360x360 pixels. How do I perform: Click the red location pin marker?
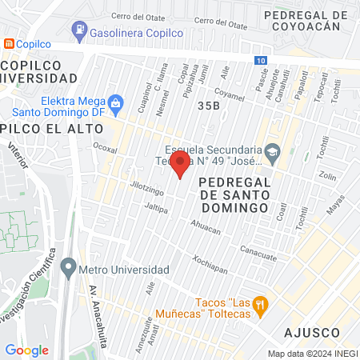coord(181,165)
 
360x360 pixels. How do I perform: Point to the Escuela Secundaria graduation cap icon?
coord(273,151)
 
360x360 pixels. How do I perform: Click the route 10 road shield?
coord(262,61)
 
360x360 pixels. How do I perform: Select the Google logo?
coord(26,350)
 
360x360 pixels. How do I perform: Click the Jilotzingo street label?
coord(146,189)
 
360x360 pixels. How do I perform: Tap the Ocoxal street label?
coord(105,148)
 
